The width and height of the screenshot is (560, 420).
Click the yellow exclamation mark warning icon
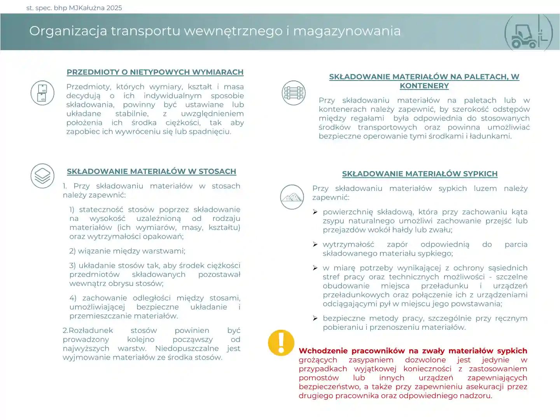coord(281,343)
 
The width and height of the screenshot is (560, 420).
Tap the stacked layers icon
coord(42,176)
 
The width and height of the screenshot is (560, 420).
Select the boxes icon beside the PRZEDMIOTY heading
coord(42,93)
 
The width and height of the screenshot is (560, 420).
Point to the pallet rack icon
coord(294,93)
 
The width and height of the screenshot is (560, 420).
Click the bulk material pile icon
coord(292,197)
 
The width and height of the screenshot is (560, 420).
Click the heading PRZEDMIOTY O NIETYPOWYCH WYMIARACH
coord(155,72)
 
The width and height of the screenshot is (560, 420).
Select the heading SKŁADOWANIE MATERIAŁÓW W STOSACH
coord(151,171)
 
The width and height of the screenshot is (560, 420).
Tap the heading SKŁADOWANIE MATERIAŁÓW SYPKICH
coord(420,174)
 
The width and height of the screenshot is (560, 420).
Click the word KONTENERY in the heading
coord(424,86)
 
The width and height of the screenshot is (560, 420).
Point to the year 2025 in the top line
coord(114,8)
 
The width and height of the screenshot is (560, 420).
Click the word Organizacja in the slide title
coord(68,31)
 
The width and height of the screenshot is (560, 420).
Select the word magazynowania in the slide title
coord(347,31)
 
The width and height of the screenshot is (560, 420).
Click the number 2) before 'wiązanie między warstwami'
coord(72,251)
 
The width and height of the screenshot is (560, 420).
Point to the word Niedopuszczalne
coord(187,348)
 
